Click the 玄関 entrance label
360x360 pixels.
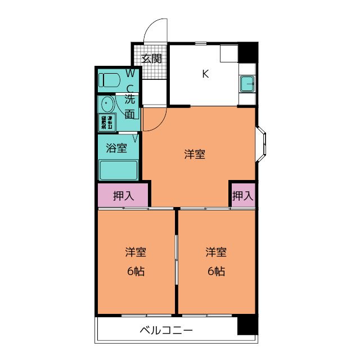point(151,58)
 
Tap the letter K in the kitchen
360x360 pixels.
point(205,73)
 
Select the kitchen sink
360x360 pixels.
point(247,84)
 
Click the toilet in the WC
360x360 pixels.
point(108,79)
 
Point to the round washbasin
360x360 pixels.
point(106,104)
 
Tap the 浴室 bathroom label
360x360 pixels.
point(116,149)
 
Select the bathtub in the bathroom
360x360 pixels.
point(119,170)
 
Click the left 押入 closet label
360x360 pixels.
point(123,196)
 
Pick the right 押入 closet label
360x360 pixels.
point(243,196)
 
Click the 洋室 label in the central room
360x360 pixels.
point(195,155)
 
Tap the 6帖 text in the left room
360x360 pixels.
point(136,271)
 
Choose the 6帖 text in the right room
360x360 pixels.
point(216,271)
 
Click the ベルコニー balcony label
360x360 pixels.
point(166,330)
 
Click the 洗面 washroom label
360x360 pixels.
point(130,107)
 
